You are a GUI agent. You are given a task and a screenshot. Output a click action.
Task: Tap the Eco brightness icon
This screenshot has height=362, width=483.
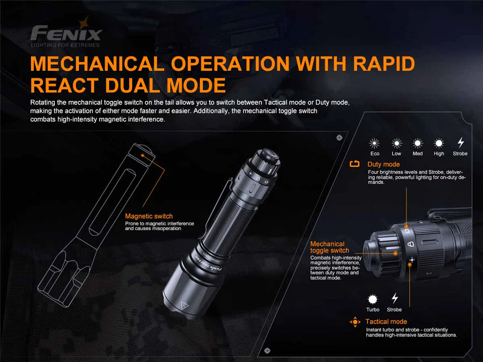(375, 143)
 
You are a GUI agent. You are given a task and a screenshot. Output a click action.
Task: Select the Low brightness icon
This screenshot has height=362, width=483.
(396, 143)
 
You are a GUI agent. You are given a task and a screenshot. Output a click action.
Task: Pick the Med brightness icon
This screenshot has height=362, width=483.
(418, 143)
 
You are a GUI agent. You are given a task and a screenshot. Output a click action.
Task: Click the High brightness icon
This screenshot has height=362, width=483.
(439, 143)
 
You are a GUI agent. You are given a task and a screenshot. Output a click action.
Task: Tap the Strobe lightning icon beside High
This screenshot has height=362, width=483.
(460, 143)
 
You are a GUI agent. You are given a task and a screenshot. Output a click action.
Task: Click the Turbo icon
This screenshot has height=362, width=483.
(372, 299)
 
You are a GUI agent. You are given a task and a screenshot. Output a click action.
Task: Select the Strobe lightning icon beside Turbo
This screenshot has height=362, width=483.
(394, 298)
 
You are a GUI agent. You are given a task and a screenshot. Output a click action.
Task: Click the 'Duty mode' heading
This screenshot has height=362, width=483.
(383, 164)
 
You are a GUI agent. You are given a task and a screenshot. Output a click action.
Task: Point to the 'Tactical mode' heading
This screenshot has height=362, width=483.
(386, 322)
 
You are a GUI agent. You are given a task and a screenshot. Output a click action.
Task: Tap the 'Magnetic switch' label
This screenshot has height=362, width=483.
(149, 216)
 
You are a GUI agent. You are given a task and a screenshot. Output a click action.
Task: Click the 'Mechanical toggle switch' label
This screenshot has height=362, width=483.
(329, 247)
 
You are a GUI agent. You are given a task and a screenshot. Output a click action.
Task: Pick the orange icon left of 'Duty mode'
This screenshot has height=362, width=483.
(355, 164)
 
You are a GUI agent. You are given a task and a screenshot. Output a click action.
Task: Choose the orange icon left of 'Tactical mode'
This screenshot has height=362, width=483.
(355, 322)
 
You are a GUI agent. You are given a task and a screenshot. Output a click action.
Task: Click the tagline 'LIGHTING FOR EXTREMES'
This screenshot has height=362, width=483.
(65, 46)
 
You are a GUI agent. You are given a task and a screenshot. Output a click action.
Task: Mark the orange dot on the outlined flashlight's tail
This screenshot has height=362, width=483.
(143, 153)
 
